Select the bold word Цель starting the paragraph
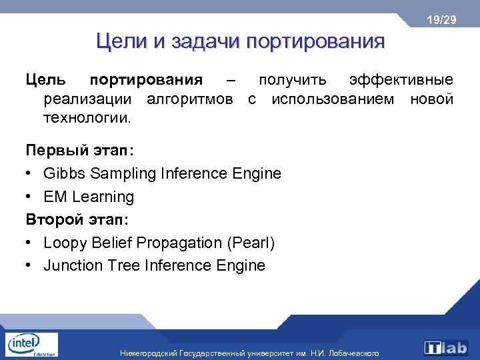46,80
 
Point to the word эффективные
402,80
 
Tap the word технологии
87,119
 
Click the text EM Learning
89,197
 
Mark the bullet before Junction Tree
30,265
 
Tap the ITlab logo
445,347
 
